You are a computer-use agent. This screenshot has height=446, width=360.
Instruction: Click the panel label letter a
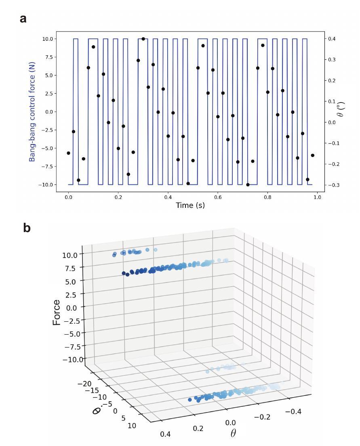[x=23, y=19]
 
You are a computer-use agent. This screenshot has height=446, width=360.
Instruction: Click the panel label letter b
[x=27, y=228]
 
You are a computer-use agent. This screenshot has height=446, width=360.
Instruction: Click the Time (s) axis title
[x=190, y=205]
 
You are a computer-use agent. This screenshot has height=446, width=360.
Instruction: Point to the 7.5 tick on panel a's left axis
[x=48, y=57]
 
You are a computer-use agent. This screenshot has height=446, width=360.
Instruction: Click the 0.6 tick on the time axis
[x=218, y=197]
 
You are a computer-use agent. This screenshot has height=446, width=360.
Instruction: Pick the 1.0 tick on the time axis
[x=318, y=197]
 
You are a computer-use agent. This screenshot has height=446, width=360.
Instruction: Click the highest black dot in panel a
[x=143, y=39]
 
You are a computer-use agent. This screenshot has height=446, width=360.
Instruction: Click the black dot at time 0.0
[x=68, y=153]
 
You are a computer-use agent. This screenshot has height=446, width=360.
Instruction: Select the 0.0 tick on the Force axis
[x=74, y=307]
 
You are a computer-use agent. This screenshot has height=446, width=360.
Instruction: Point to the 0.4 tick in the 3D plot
[x=165, y=434]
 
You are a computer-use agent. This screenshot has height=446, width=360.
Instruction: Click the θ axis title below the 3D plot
[x=233, y=433]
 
